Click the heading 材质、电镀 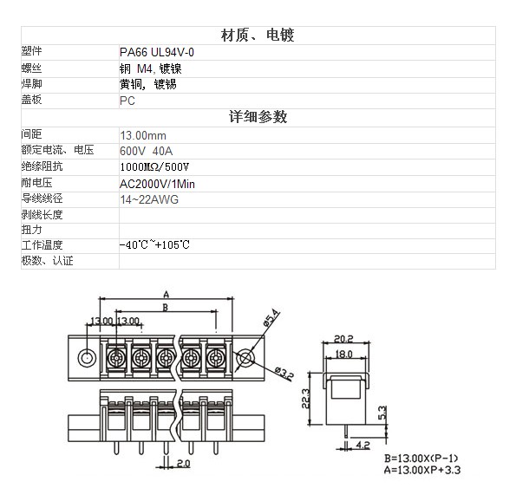[258, 36]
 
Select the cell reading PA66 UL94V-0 [157, 52]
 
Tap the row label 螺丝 [31, 68]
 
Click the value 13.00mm [143, 135]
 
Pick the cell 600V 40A [146, 151]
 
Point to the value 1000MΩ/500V [154, 167]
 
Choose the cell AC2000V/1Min [157, 184]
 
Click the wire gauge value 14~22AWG [149, 199]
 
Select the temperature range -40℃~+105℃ [154, 244]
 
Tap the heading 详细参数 [258, 117]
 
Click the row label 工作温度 [42, 244]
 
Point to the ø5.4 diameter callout [271, 317]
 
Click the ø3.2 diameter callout [284, 374]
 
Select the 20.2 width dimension [343, 338]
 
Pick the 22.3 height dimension [306, 399]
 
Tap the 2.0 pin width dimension [183, 464]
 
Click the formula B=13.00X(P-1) [421, 458]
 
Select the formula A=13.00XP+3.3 [422, 470]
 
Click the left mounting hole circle [87, 358]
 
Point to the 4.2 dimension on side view [363, 445]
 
